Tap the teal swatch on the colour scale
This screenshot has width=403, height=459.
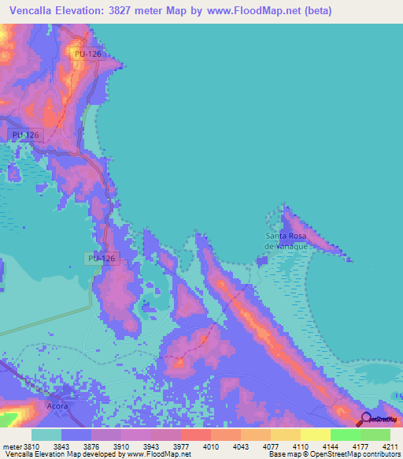46,435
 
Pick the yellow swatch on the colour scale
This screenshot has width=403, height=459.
316,435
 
